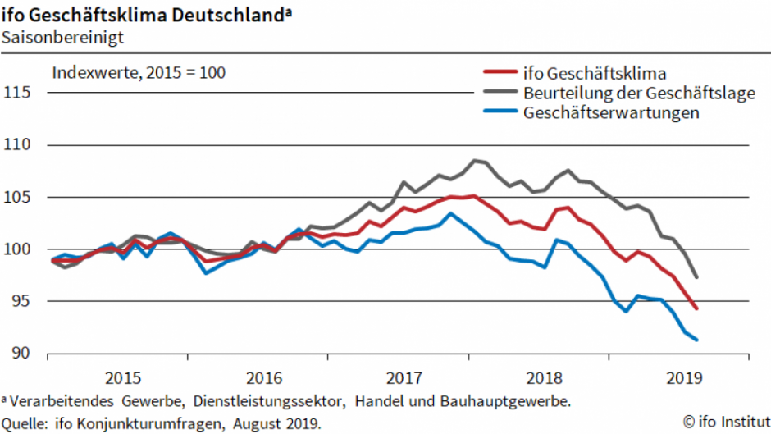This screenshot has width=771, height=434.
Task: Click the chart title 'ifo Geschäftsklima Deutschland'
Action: pos(145,13)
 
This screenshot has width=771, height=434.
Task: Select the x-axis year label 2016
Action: pos(263,378)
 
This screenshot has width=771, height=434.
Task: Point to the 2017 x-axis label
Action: pos(404,378)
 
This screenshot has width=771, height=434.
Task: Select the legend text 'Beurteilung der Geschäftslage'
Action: pos(638,93)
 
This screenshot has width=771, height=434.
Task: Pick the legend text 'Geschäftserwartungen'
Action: pos(611,113)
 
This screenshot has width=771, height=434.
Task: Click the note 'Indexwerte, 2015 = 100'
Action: pos(139,72)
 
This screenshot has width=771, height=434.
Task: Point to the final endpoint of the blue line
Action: pos(697,340)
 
